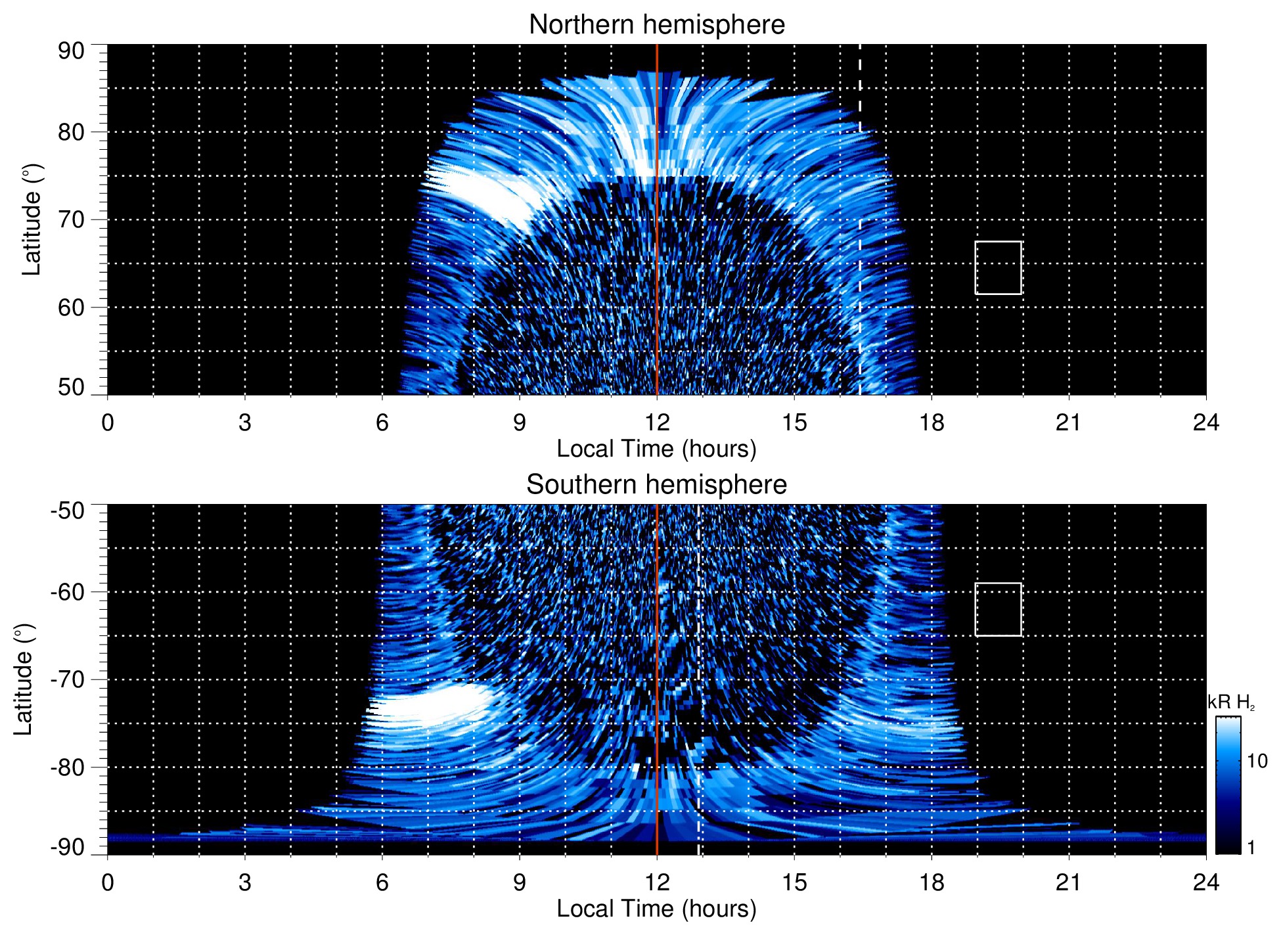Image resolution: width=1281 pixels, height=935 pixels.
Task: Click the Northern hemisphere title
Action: [656, 25]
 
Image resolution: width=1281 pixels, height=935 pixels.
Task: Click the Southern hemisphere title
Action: [656, 485]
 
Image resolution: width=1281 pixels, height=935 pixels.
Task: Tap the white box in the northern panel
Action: [998, 268]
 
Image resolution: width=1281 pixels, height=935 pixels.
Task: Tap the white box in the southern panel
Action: [998, 609]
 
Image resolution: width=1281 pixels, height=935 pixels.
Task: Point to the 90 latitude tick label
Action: [71, 51]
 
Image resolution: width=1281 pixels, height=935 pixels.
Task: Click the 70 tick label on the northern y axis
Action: [71, 220]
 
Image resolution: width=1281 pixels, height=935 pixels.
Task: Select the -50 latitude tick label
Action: [68, 511]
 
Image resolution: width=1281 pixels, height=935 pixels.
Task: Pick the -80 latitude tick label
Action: [68, 767]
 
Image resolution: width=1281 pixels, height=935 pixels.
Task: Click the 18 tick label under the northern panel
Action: [932, 422]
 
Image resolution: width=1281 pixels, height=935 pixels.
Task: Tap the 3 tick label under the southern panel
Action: [245, 882]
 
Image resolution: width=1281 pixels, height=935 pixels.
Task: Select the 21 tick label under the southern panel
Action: [1069, 882]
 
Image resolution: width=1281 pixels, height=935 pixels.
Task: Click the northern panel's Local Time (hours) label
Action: [656, 449]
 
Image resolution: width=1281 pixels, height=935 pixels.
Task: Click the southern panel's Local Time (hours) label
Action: [656, 909]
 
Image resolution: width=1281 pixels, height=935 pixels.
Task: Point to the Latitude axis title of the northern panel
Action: [32, 220]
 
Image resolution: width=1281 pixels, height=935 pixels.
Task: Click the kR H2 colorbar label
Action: [1231, 703]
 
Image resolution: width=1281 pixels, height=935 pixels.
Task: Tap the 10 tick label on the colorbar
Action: [1257, 761]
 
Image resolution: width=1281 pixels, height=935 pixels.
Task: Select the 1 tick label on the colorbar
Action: [1251, 848]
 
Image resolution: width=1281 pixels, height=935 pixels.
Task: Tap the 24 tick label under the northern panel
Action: [1205, 422]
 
